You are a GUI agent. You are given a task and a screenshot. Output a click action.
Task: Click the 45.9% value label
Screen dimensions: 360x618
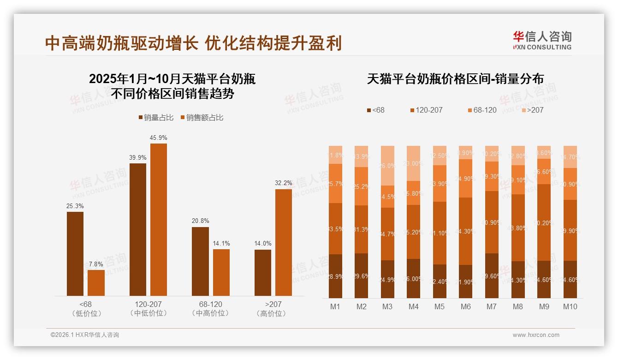click(158, 138)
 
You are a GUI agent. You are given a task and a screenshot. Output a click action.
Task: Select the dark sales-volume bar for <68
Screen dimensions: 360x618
click(75, 253)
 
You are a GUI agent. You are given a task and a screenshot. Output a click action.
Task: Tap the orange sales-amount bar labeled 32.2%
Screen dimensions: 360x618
click(284, 242)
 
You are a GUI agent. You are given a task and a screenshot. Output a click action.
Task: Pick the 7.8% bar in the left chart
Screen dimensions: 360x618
click(96, 282)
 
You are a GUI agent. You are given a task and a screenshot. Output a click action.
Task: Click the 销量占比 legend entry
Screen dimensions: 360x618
click(155, 118)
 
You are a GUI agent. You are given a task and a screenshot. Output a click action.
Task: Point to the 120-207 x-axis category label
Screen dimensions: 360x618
click(148, 305)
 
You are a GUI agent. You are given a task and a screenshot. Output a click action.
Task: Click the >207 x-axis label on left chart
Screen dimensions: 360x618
click(273, 305)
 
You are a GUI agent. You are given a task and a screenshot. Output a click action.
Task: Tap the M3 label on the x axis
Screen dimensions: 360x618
click(387, 306)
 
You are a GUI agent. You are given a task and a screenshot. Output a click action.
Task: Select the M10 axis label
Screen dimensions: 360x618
click(570, 306)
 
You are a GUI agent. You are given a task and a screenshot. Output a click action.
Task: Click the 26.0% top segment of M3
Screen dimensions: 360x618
click(387, 166)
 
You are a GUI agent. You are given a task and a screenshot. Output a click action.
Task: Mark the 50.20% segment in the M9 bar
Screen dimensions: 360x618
click(544, 222)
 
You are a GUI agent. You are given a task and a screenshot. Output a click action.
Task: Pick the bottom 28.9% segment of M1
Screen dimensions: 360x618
click(336, 276)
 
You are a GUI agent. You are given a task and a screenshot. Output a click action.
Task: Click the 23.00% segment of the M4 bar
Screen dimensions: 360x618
click(413, 163)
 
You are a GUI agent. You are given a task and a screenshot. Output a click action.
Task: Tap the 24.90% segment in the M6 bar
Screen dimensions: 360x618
click(465, 178)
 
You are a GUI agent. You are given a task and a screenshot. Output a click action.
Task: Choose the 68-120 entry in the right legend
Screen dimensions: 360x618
click(482, 110)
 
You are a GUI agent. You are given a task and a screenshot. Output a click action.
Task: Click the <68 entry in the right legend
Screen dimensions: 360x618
click(375, 110)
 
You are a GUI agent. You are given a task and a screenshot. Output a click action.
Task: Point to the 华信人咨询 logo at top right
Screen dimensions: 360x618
click(542, 40)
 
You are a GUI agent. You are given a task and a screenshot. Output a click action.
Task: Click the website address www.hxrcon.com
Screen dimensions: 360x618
click(536, 335)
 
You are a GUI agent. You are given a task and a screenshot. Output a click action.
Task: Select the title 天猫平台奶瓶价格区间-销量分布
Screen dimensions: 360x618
click(455, 79)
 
